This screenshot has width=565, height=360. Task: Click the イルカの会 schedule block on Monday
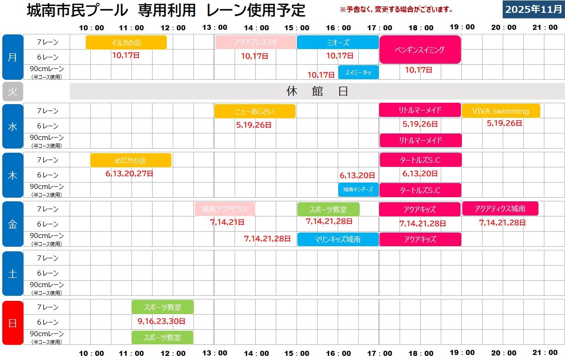(126, 43)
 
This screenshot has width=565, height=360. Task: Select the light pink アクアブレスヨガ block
(256, 43)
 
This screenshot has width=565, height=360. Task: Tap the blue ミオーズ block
(338, 43)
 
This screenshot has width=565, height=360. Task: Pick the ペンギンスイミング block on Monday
(420, 50)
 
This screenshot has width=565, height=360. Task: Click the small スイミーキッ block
(358, 72)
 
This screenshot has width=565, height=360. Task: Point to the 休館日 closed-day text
(317, 91)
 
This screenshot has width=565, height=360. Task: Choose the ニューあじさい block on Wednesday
(255, 111)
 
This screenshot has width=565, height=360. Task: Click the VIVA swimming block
(500, 111)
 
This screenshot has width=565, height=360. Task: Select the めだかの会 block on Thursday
(131, 161)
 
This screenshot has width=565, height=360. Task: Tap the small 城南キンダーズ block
(358, 189)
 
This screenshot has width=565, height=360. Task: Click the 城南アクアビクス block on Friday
(225, 209)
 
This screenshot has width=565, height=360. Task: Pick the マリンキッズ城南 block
(338, 239)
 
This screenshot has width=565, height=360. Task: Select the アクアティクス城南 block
(500, 209)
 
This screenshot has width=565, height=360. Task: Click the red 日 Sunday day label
(12, 322)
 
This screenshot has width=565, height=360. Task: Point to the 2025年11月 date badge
(533, 9)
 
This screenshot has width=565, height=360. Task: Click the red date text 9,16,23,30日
(161, 321)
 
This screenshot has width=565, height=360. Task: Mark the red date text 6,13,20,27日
(129, 174)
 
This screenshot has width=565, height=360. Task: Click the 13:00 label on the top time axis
(214, 28)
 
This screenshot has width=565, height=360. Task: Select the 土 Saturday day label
(12, 273)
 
